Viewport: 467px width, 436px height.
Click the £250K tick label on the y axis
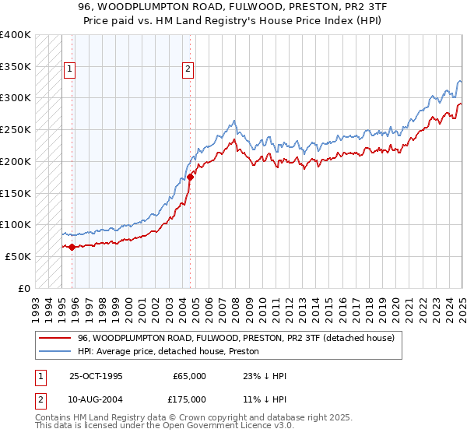15,129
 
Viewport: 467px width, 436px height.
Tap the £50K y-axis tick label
17,256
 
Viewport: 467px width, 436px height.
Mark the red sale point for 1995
72,247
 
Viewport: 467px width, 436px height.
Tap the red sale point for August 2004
190,178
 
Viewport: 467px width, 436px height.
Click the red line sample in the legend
55,338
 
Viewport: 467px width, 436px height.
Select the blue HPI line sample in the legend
55,351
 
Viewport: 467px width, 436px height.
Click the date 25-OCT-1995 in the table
96,376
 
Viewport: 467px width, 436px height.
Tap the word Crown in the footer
180,419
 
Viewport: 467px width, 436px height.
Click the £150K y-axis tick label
15,192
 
